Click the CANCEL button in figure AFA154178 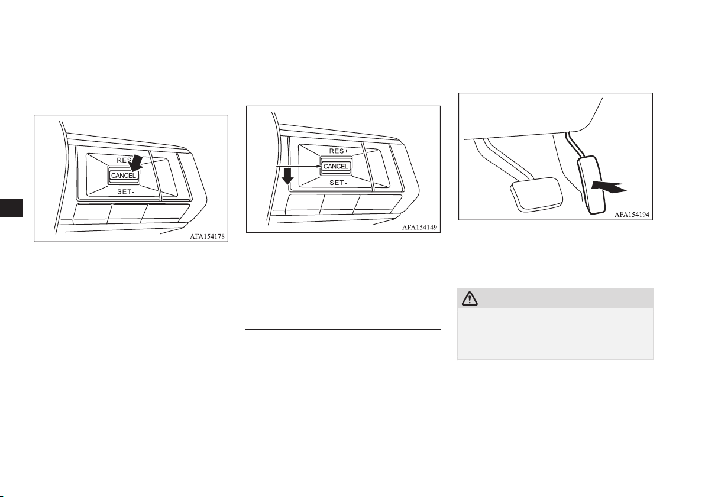tap(123, 176)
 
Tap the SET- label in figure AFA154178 tap(126, 191)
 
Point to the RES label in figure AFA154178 tap(124, 160)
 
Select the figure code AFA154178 tap(207, 236)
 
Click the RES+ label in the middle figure tap(339, 151)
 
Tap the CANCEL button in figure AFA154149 tap(335, 166)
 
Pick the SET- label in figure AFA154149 tap(338, 183)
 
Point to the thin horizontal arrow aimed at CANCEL tap(299, 167)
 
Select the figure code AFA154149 tap(419, 228)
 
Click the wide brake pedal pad tap(536, 194)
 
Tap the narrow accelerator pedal tap(592, 184)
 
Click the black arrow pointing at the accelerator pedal tap(609, 187)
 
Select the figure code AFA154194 tap(632, 215)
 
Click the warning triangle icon tap(470, 298)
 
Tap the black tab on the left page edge tap(11, 208)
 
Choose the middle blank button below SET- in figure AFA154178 tap(127, 213)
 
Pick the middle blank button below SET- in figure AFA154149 tap(339, 204)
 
